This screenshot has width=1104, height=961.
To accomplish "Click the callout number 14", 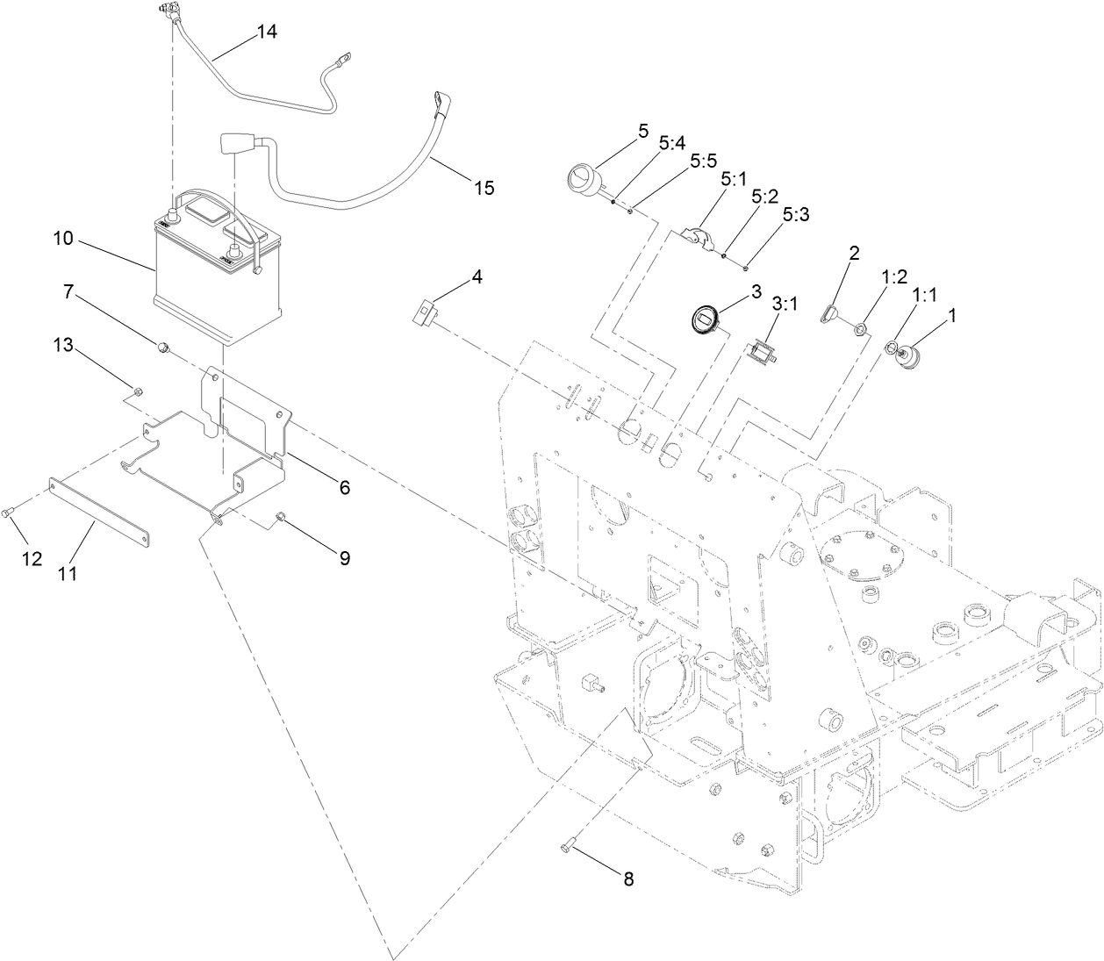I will (x=267, y=32).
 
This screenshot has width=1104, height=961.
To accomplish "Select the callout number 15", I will (x=484, y=187).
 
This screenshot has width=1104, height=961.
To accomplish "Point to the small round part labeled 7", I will (x=162, y=348).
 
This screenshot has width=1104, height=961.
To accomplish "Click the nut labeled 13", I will (x=138, y=391).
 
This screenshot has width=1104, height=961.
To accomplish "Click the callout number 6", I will (x=345, y=487).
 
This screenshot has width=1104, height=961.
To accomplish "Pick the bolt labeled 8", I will (x=566, y=847).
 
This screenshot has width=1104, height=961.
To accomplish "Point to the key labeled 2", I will (x=831, y=311).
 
